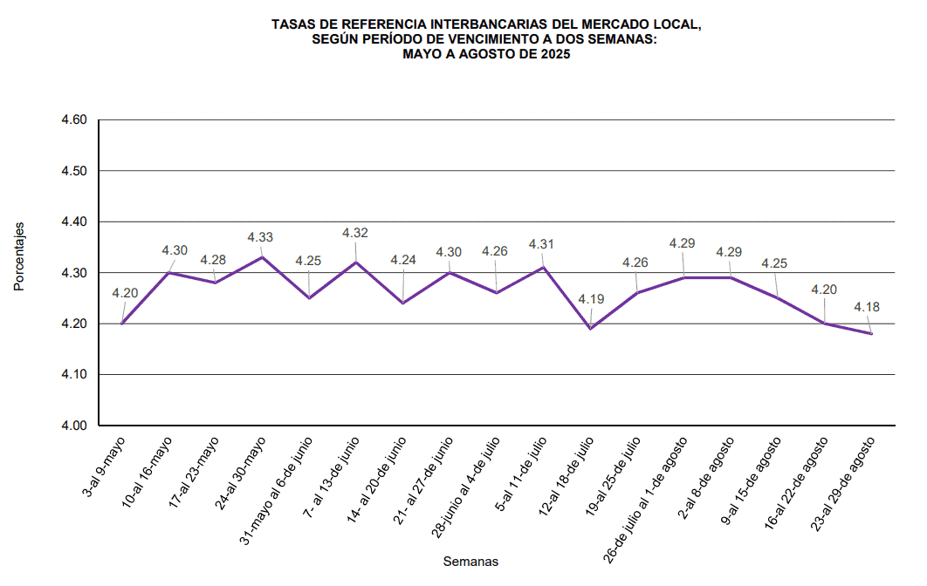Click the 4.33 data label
click(260, 237)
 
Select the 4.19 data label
click(591, 300)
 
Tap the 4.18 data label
click(867, 307)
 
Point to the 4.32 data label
click(355, 233)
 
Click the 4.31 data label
click(541, 245)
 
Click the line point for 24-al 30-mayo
click(263, 257)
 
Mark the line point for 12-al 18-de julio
click(591, 329)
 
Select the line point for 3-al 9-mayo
click(122, 324)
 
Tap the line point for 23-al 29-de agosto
click(871, 334)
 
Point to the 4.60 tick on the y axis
click(74, 119)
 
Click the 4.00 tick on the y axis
click(74, 426)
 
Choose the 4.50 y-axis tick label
click(74, 171)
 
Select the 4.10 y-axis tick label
click(74, 375)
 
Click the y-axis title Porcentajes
click(19, 256)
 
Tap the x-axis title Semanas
click(470, 562)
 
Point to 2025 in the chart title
click(552, 54)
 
